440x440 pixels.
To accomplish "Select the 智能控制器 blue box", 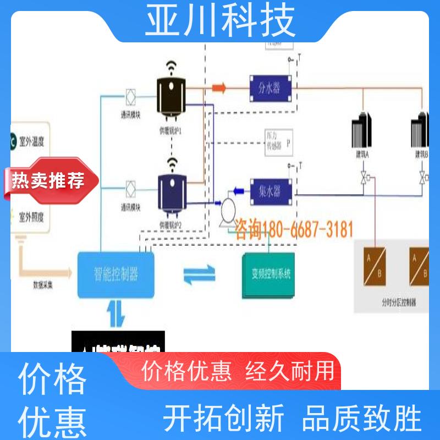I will [116, 273].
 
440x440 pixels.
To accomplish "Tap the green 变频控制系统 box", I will [269, 274].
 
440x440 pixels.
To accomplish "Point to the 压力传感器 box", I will [278, 145].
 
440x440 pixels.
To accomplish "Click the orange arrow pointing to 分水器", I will [219, 87].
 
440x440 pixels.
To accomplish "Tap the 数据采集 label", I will [44, 286].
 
